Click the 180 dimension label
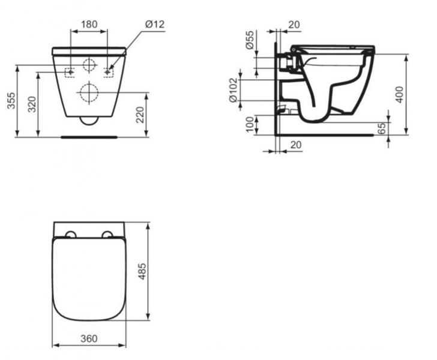click(x=89, y=24)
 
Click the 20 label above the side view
click(x=294, y=24)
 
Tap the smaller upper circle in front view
click(x=89, y=66)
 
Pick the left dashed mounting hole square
click(x=70, y=72)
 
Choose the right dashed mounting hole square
click(x=109, y=72)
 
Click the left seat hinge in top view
click(x=70, y=233)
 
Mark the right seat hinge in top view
click(x=107, y=233)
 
